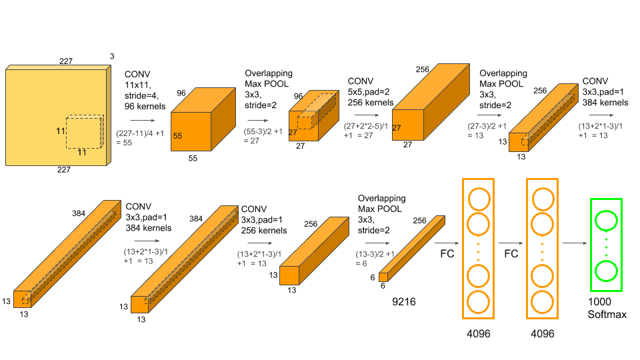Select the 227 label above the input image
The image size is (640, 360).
(x=65, y=61)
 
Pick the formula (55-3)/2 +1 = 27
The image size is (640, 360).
(x=262, y=136)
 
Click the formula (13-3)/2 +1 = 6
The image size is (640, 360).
(x=377, y=259)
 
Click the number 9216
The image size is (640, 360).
(x=403, y=302)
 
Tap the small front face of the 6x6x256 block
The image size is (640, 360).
(x=383, y=276)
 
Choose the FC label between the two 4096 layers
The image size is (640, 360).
(x=511, y=254)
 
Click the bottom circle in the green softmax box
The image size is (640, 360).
(x=606, y=271)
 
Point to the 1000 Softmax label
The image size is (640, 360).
(x=607, y=308)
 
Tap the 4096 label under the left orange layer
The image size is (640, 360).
(x=478, y=333)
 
